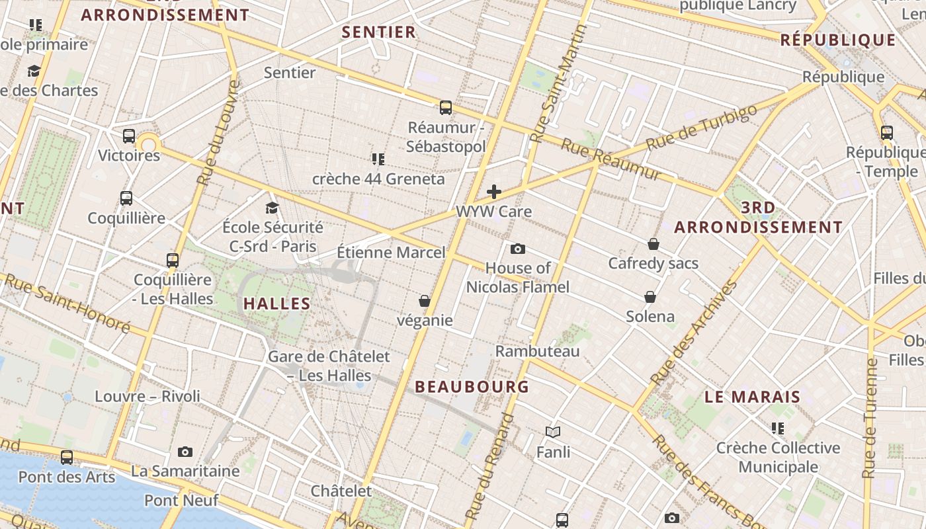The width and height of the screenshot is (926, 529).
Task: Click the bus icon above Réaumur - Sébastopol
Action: coord(446,107)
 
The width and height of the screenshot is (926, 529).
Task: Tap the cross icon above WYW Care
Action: coord(494,192)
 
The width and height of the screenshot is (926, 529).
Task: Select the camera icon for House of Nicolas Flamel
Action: coord(518,249)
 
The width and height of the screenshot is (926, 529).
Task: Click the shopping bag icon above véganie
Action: coord(425,301)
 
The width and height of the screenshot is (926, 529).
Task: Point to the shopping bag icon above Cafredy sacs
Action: coord(653,244)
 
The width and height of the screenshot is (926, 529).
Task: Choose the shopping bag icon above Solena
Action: coord(650,297)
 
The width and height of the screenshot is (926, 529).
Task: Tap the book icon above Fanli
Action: coord(553,432)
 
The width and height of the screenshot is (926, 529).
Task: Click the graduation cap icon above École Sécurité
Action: coord(272,208)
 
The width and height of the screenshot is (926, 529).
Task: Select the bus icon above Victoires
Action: coord(129,136)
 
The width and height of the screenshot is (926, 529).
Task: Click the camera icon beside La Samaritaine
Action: coord(185,452)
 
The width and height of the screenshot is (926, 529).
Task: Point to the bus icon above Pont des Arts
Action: coord(67,457)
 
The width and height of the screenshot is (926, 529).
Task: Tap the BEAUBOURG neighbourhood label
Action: coord(472,387)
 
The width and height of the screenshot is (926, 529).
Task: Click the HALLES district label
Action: coord(276,304)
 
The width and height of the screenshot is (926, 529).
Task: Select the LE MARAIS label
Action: coord(753,397)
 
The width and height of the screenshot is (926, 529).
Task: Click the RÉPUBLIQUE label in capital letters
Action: coord(838,40)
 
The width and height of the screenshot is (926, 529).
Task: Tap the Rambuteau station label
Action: coord(537,351)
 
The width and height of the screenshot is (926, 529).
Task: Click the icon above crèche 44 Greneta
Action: coord(378,159)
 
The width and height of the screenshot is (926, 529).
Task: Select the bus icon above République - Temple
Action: coord(887,132)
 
